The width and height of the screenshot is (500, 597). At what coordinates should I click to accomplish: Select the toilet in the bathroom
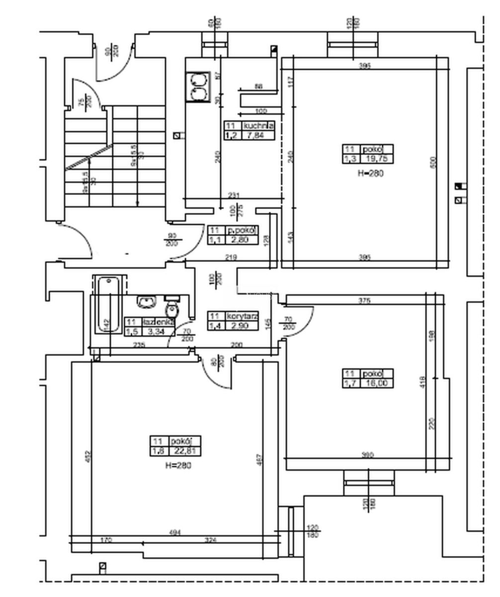point(172,308)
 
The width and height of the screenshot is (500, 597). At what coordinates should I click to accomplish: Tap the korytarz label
point(242,316)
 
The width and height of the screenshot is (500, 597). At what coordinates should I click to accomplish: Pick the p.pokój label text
point(242,230)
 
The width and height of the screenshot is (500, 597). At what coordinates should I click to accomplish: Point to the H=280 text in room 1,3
point(371,173)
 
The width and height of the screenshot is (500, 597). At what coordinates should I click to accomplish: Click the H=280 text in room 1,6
point(178,465)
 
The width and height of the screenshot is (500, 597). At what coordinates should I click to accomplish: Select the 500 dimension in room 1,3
point(432,162)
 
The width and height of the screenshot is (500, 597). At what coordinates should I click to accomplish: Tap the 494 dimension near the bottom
point(175,532)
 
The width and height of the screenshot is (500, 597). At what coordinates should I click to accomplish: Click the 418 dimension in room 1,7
point(423,382)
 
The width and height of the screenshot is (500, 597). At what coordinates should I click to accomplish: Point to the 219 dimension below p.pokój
point(230,257)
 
